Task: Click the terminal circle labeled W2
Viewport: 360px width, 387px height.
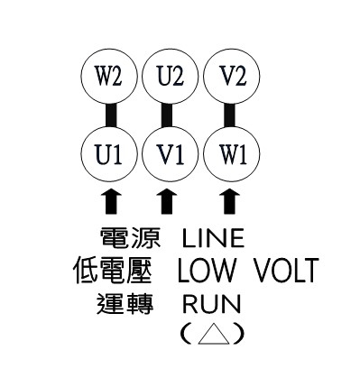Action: [x=108, y=75]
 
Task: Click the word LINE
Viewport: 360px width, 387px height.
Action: [x=213, y=239]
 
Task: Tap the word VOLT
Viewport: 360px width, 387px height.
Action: [x=286, y=271]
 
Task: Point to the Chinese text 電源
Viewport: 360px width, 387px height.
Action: [x=130, y=239]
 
